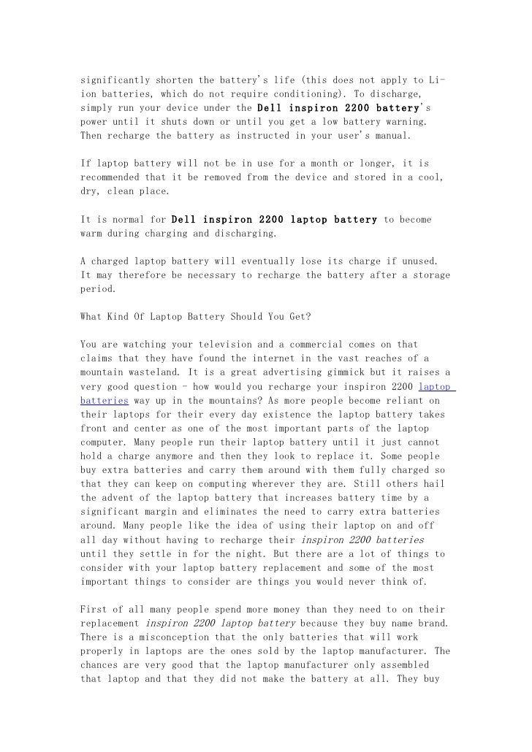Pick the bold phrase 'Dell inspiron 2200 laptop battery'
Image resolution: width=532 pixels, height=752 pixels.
274,219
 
